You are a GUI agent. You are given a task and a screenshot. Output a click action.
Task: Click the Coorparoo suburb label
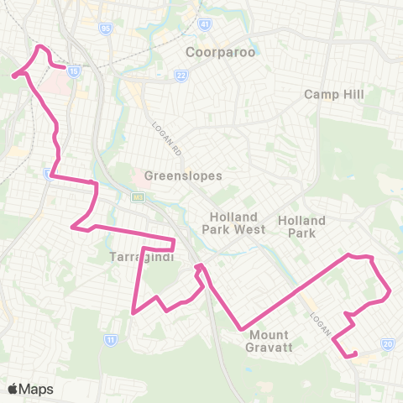point(220,52)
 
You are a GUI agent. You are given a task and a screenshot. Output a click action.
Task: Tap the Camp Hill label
point(333,94)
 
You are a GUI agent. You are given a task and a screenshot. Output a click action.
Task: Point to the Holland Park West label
point(237,222)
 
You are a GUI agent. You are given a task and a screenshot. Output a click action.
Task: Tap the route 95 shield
point(105,28)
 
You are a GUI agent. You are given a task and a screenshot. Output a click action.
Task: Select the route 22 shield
point(181,76)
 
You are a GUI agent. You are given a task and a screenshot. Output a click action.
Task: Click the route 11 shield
point(110,338)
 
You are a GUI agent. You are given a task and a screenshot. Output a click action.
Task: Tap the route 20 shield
point(388,343)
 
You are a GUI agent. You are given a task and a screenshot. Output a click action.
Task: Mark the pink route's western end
point(13,76)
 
